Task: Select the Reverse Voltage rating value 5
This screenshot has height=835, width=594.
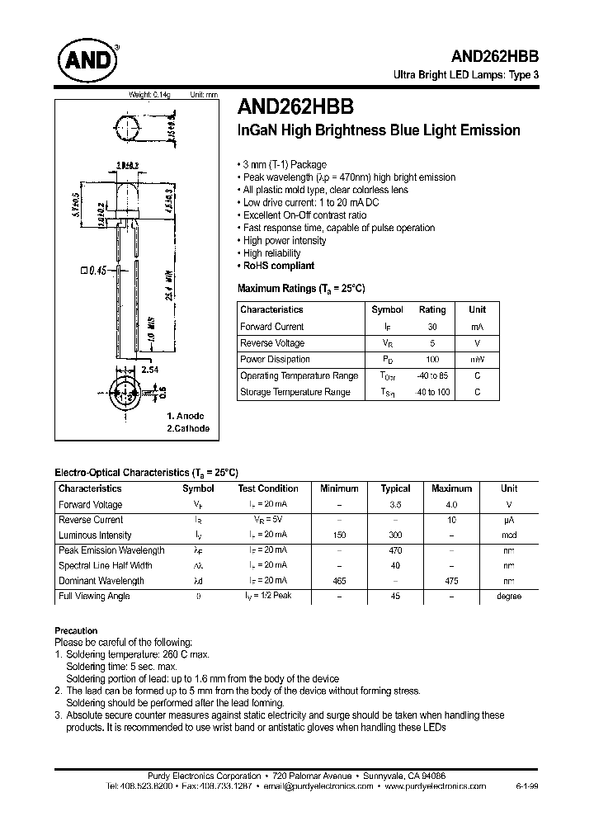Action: pos(431,343)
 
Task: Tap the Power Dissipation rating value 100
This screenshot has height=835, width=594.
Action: pos(431,360)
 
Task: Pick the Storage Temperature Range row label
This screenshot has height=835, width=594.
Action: pos(295,393)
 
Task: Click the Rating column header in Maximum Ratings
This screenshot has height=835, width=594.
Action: pos(431,310)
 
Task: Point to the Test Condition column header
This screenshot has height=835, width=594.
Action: pos(268,488)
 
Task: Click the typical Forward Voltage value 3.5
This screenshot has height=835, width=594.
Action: pos(395,505)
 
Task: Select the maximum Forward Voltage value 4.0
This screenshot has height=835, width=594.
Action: pos(451,505)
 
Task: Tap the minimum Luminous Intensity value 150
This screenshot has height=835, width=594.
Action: pos(339,535)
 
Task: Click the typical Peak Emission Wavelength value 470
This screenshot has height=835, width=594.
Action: pos(395,550)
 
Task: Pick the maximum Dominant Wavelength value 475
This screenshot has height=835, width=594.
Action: pos(451,581)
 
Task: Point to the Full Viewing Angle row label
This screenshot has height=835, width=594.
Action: pos(94,597)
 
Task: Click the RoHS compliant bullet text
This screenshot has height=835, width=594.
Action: pos(279,266)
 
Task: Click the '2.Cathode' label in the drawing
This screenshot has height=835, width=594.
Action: pos(188,428)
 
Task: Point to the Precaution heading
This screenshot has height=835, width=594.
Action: pos(76,630)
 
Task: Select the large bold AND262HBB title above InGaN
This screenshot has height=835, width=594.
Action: pos(295,107)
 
